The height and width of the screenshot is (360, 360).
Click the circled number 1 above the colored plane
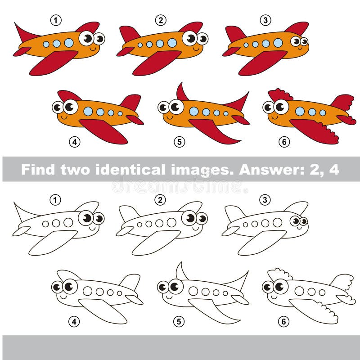[55, 20]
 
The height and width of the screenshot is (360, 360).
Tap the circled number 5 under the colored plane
[180, 142]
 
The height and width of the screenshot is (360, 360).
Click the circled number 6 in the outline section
[283, 321]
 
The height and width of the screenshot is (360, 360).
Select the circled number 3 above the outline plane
[265, 199]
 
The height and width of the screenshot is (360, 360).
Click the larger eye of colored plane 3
[296, 41]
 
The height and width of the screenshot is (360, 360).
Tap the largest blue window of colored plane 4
[88, 111]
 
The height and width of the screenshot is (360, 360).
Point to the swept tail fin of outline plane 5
[238, 281]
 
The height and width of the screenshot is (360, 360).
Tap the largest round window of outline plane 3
[277, 222]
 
